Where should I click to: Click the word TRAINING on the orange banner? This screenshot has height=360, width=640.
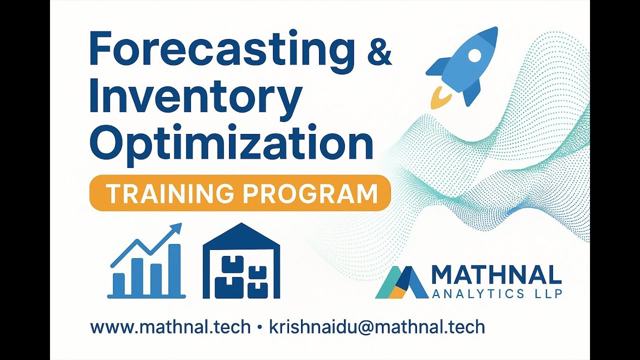[x=168, y=193]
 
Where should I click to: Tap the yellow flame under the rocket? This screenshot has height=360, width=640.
[x=438, y=98]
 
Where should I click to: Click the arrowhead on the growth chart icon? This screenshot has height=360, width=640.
[x=175, y=230]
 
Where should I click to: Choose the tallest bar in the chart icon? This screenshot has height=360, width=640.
[x=174, y=270]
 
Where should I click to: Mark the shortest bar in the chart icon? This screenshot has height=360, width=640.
[x=119, y=283]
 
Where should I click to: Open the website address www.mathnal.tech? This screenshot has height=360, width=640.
[x=170, y=327]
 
